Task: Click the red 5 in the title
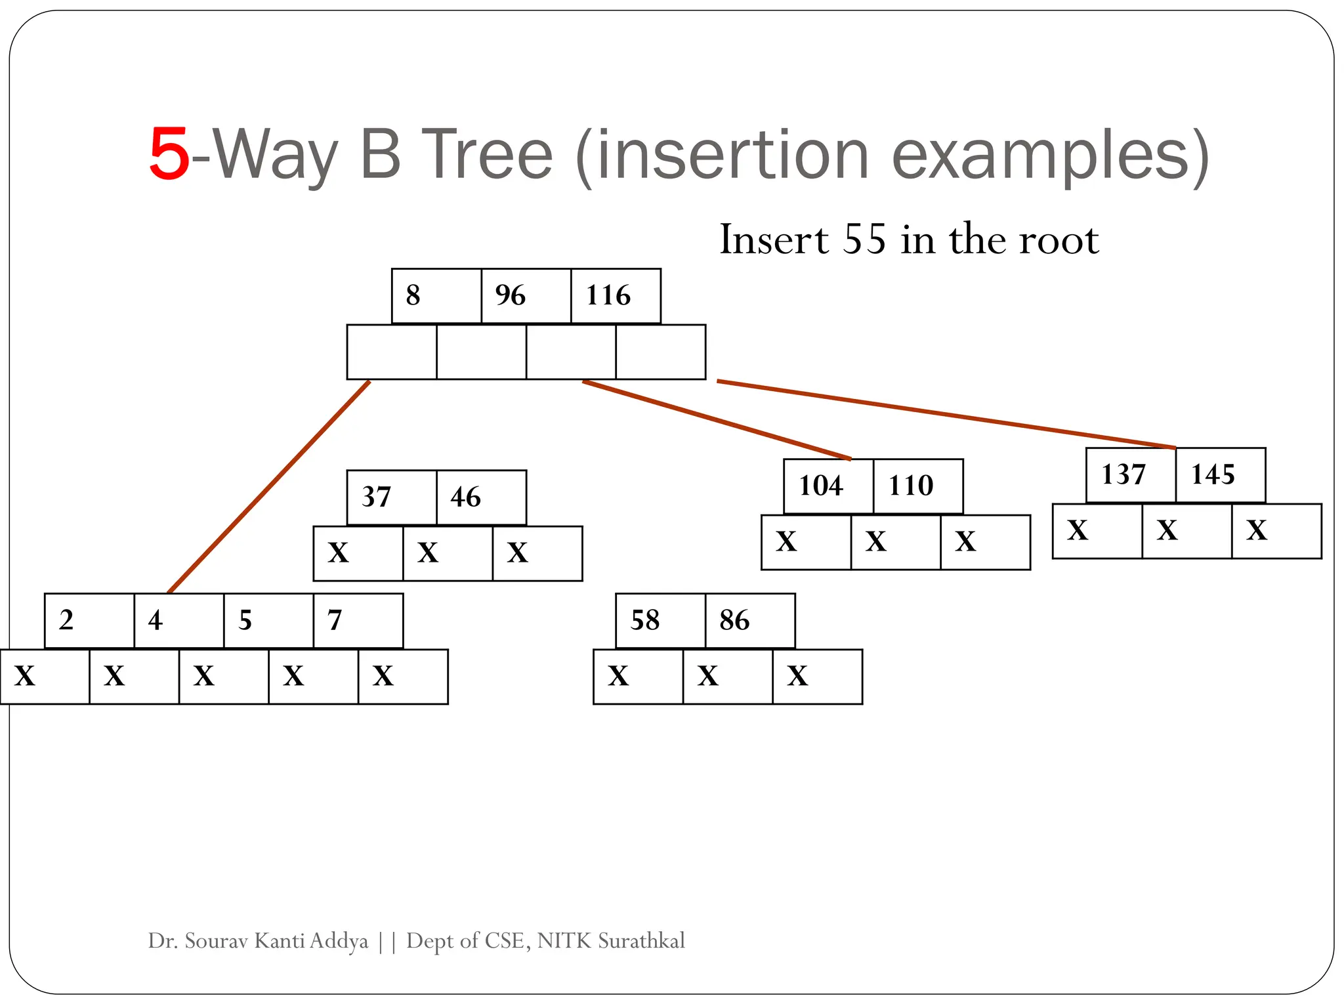click(169, 155)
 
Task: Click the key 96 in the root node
click(511, 295)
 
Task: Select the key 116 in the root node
click(608, 295)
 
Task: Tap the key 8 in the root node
click(413, 295)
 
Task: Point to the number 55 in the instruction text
click(864, 240)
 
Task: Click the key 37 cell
click(377, 497)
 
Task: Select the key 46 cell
click(466, 497)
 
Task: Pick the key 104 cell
click(821, 486)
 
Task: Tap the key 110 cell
click(911, 486)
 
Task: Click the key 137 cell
click(1123, 474)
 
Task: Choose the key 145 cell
click(1213, 474)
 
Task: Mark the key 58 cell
click(645, 620)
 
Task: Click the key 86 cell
click(734, 620)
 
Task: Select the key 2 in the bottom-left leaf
click(66, 620)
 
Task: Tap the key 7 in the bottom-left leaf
click(335, 620)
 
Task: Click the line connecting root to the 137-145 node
click(945, 414)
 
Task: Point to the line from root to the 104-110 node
click(717, 420)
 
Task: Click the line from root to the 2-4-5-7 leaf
click(269, 487)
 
